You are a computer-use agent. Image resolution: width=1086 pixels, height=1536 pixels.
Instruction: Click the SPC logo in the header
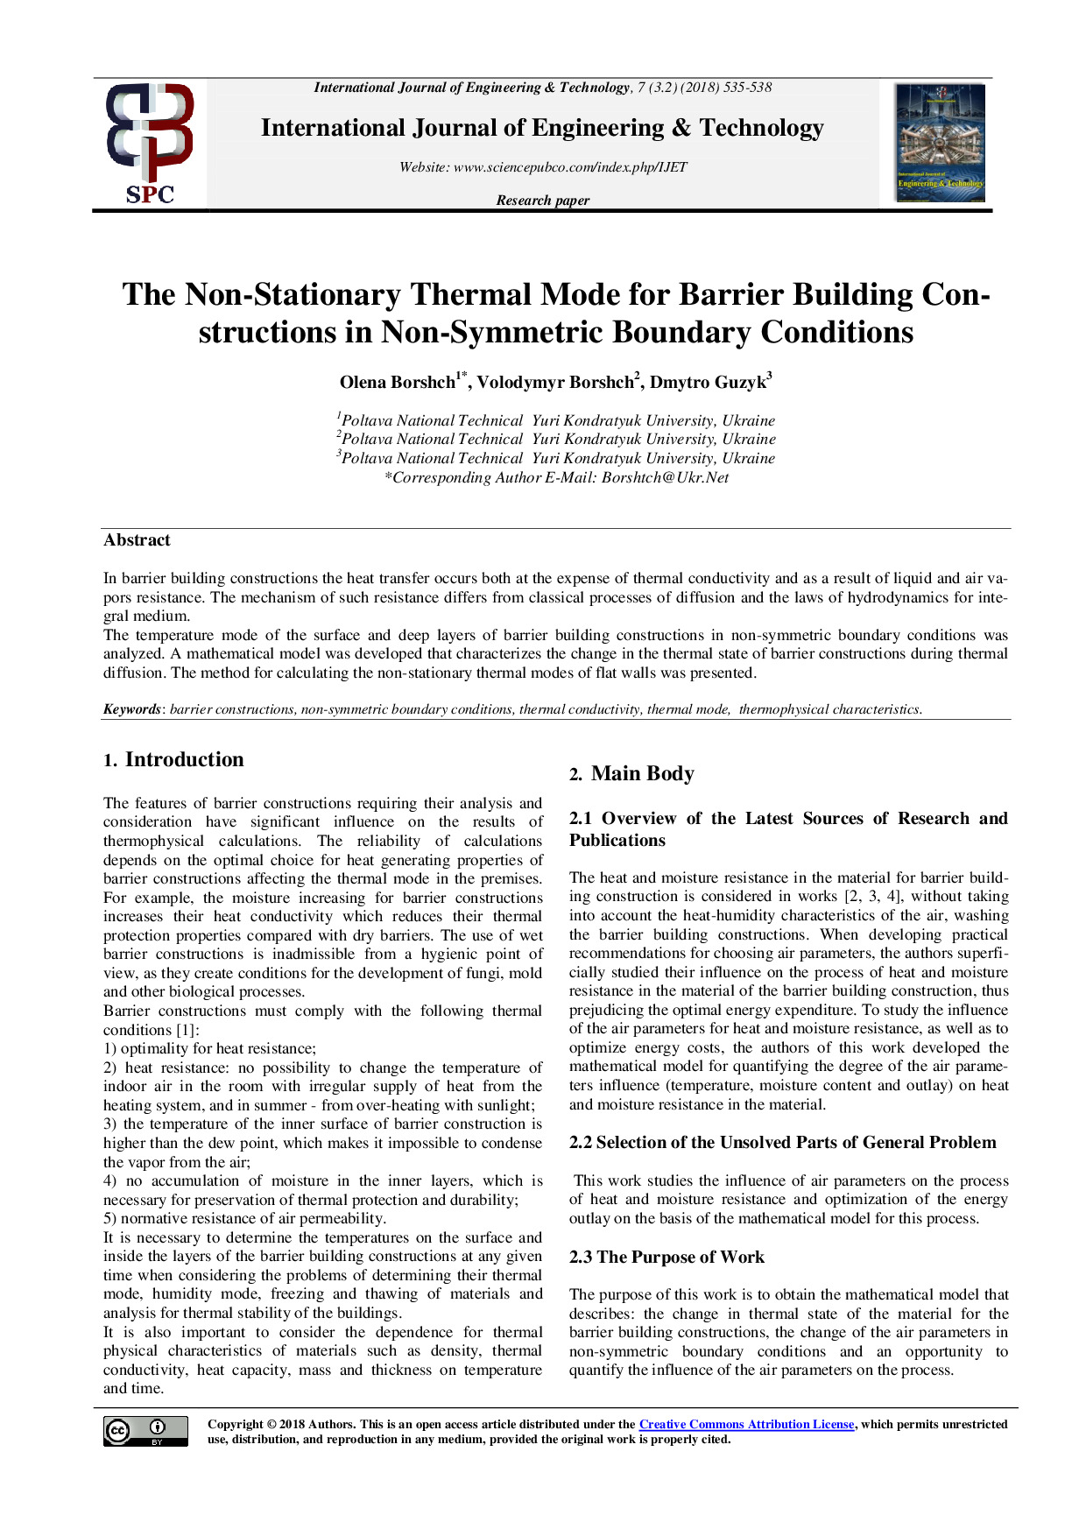(x=150, y=144)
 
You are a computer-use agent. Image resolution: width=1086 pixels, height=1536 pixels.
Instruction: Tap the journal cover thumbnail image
(x=941, y=143)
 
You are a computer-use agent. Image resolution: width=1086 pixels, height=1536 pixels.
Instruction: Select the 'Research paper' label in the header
(x=543, y=201)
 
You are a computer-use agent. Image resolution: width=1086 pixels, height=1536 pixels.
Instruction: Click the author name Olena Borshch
(x=398, y=383)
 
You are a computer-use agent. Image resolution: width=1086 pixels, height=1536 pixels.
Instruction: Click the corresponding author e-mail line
(x=557, y=478)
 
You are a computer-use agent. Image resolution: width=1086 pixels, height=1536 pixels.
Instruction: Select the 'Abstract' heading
(x=137, y=540)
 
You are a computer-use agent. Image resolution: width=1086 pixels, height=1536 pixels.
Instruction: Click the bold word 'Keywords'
(x=132, y=709)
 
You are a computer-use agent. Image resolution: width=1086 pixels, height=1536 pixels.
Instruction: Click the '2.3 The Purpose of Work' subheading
(x=666, y=1258)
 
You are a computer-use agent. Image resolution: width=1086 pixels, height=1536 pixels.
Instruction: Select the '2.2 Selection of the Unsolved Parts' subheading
(x=782, y=1143)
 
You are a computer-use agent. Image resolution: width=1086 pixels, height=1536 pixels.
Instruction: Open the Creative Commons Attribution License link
(x=746, y=1425)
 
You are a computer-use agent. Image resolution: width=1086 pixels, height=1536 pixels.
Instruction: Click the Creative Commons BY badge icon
(x=145, y=1431)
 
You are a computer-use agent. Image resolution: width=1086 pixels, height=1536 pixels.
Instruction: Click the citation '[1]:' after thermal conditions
(x=187, y=1030)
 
